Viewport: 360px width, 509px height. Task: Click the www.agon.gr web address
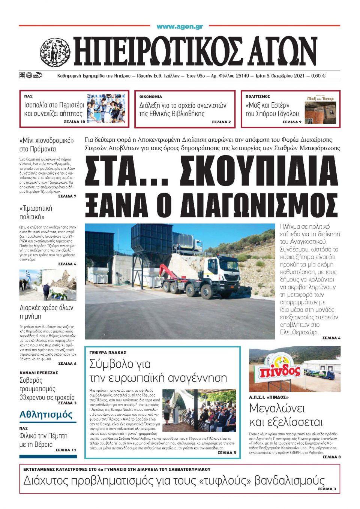coord(180,27)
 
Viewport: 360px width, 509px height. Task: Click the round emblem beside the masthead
coord(55,52)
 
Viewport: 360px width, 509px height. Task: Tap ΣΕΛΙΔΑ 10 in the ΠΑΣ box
coord(75,122)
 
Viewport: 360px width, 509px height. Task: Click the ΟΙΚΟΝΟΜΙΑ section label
coord(151,96)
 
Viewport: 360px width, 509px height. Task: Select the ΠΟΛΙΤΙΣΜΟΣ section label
coord(258,96)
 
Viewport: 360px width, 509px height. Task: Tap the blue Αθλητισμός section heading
coord(46,415)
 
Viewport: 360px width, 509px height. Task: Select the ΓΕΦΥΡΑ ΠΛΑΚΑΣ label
coord(108,353)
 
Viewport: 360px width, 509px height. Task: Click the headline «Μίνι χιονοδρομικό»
coord(46,141)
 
